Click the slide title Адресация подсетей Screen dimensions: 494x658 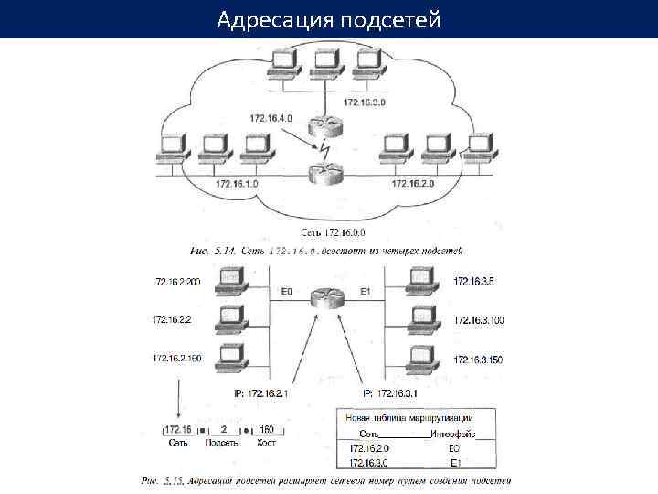329,18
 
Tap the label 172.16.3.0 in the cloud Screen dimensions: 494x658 365,102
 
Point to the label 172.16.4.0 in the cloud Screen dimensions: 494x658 270,118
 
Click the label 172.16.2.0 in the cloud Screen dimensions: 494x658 414,184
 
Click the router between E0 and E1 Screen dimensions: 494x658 324,297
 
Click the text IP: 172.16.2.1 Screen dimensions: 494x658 262,393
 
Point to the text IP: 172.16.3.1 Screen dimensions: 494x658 390,393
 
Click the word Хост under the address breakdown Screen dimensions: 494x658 266,442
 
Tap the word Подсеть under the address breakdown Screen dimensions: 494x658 222,442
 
